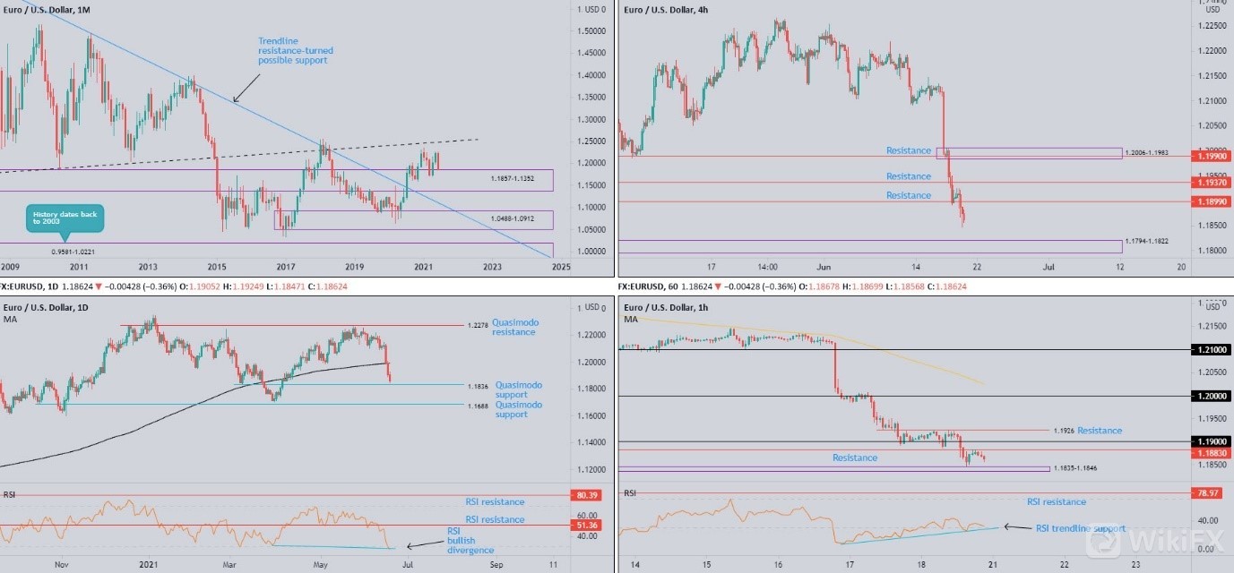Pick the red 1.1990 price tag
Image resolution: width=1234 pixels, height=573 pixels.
[x=1211, y=156]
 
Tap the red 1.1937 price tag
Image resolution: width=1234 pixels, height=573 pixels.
[x=1211, y=183]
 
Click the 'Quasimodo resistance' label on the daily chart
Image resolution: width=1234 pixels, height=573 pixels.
[x=513, y=327]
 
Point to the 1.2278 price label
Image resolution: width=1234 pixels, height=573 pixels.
[x=477, y=326]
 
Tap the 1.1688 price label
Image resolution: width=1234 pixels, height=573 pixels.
[x=477, y=406]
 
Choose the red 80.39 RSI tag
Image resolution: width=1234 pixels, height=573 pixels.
[x=586, y=495]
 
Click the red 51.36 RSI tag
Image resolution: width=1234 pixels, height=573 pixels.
[x=586, y=525]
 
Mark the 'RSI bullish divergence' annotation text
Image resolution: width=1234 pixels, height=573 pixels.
[x=470, y=540]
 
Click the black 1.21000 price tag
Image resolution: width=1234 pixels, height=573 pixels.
[x=1211, y=349]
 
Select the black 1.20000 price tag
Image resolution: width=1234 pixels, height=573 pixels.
[x=1211, y=396]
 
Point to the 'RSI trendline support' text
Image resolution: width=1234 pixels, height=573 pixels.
[x=1079, y=528]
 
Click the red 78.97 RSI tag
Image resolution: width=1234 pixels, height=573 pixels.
[x=1211, y=493]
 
